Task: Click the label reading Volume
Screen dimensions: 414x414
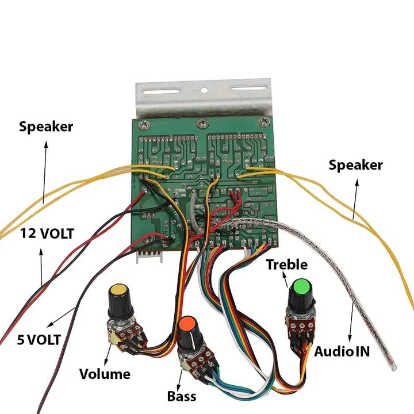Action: [x=105, y=374]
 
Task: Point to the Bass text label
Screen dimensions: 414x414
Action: [x=182, y=396]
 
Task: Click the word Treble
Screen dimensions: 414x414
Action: [x=286, y=264]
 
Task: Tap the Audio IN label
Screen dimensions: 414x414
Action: [x=342, y=351]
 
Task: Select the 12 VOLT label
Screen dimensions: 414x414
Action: [x=47, y=234]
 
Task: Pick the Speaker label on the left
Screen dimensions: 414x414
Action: [x=46, y=126]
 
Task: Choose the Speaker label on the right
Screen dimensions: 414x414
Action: [x=355, y=165]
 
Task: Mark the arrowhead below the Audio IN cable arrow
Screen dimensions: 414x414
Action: [x=350, y=339]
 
